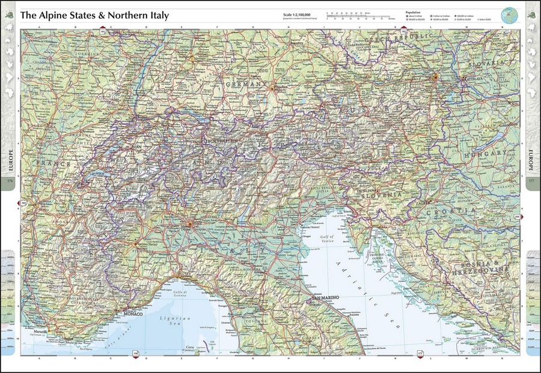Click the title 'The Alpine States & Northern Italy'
(x=94, y=14)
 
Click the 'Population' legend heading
(x=412, y=11)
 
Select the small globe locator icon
(x=510, y=14)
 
